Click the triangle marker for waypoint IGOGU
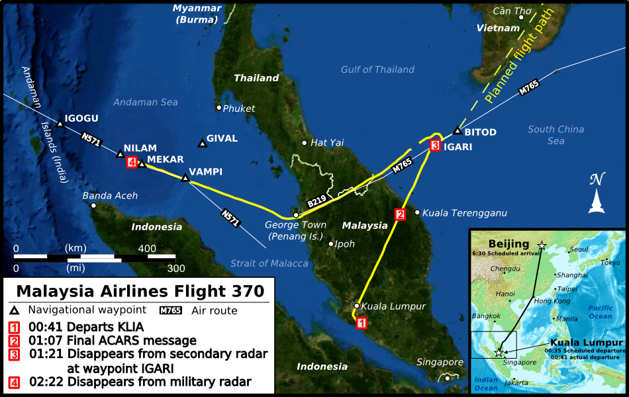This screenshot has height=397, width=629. [60, 124]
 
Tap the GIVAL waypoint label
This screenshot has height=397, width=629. [222, 139]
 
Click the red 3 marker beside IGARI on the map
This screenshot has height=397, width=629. [435, 146]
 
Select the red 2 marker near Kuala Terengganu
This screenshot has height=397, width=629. [399, 214]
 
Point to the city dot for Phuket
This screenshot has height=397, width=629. [218, 108]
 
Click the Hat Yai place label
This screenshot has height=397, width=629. [327, 142]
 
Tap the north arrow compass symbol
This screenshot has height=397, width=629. [598, 193]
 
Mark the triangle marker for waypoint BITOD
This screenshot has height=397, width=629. [457, 132]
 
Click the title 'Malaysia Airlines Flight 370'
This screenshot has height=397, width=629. [140, 291]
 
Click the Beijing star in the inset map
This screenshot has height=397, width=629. [542, 245]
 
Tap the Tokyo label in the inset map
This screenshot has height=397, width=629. [610, 263]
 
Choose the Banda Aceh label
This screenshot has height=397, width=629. [110, 196]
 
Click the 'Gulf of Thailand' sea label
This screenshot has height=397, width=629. [377, 69]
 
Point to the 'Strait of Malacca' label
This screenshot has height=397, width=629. [269, 263]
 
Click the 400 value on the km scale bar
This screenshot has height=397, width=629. [147, 247]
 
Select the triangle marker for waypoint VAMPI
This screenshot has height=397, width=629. [185, 177]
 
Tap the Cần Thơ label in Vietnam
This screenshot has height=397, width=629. [512, 11]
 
